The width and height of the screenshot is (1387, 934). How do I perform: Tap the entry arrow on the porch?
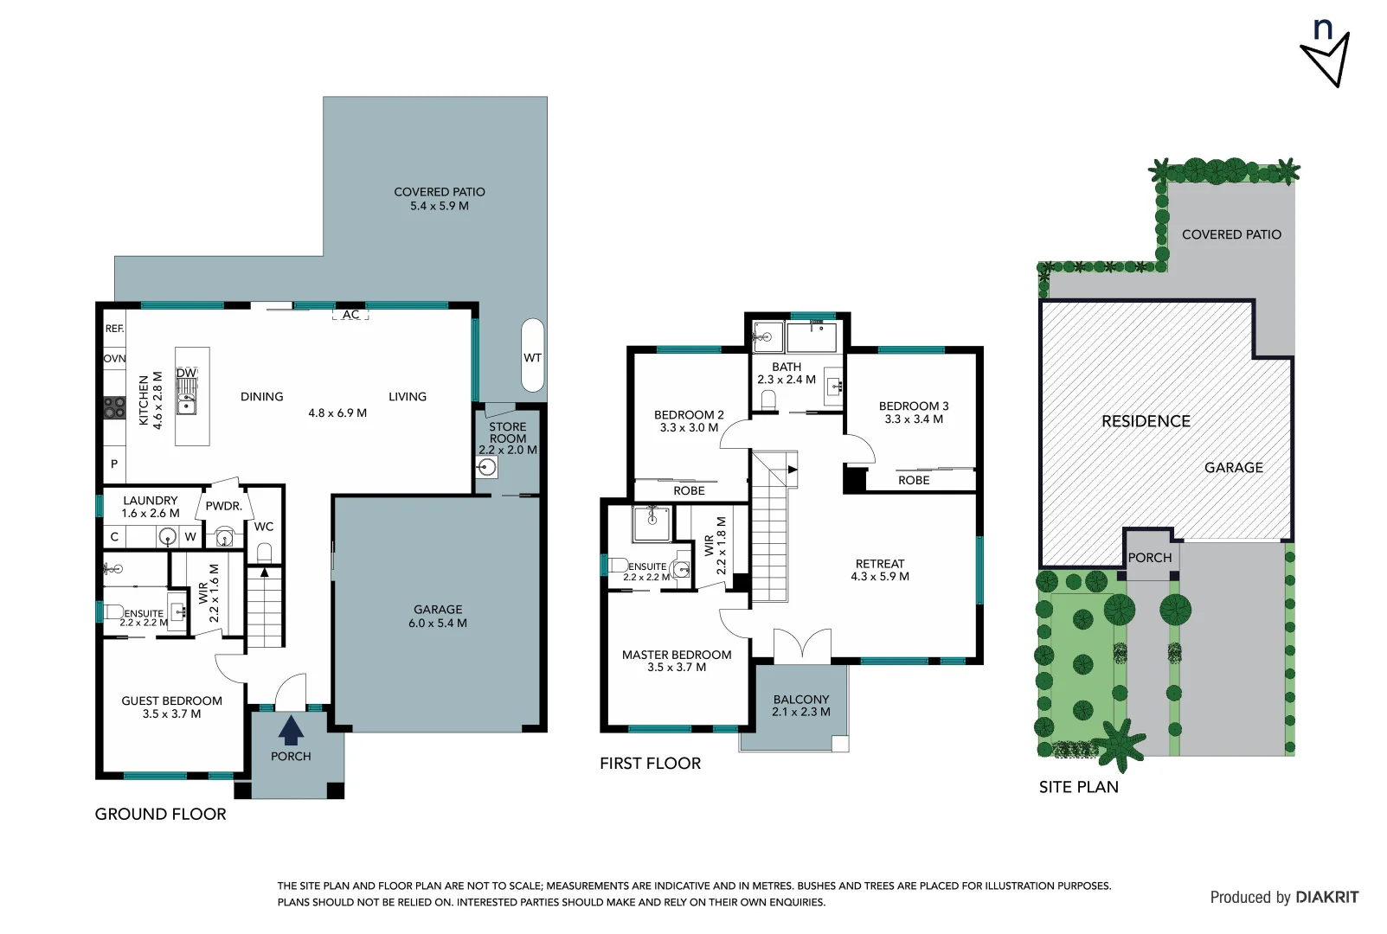pyautogui.click(x=291, y=731)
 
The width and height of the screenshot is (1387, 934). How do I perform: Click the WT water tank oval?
pyautogui.click(x=532, y=356)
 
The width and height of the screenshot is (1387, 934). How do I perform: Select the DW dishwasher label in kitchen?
pyautogui.click(x=187, y=373)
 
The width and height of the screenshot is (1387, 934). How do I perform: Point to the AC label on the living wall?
pyautogui.click(x=350, y=315)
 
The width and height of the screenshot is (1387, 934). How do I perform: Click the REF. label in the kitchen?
pyautogui.click(x=114, y=329)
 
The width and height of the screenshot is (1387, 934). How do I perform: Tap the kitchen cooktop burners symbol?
pyautogui.click(x=114, y=407)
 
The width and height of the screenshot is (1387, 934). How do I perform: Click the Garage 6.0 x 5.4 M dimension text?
pyautogui.click(x=438, y=624)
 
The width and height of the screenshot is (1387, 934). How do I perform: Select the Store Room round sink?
pyautogui.click(x=487, y=468)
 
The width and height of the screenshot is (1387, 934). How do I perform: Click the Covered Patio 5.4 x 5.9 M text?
pyautogui.click(x=440, y=206)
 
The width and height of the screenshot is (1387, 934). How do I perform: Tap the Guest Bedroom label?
pyautogui.click(x=171, y=700)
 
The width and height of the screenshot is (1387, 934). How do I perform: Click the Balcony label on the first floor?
pyautogui.click(x=801, y=700)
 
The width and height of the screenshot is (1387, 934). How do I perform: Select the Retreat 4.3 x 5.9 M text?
pyautogui.click(x=880, y=576)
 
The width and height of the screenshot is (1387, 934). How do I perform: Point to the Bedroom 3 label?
pyautogui.click(x=914, y=406)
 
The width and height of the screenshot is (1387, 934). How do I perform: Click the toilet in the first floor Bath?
pyautogui.click(x=767, y=400)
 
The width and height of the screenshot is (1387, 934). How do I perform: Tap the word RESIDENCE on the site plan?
pyautogui.click(x=1146, y=421)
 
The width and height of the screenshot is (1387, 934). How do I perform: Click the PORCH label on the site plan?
pyautogui.click(x=1149, y=558)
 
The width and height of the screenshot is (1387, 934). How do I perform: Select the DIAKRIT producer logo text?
pyautogui.click(x=1326, y=897)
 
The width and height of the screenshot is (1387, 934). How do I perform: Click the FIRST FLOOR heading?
pyautogui.click(x=650, y=763)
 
